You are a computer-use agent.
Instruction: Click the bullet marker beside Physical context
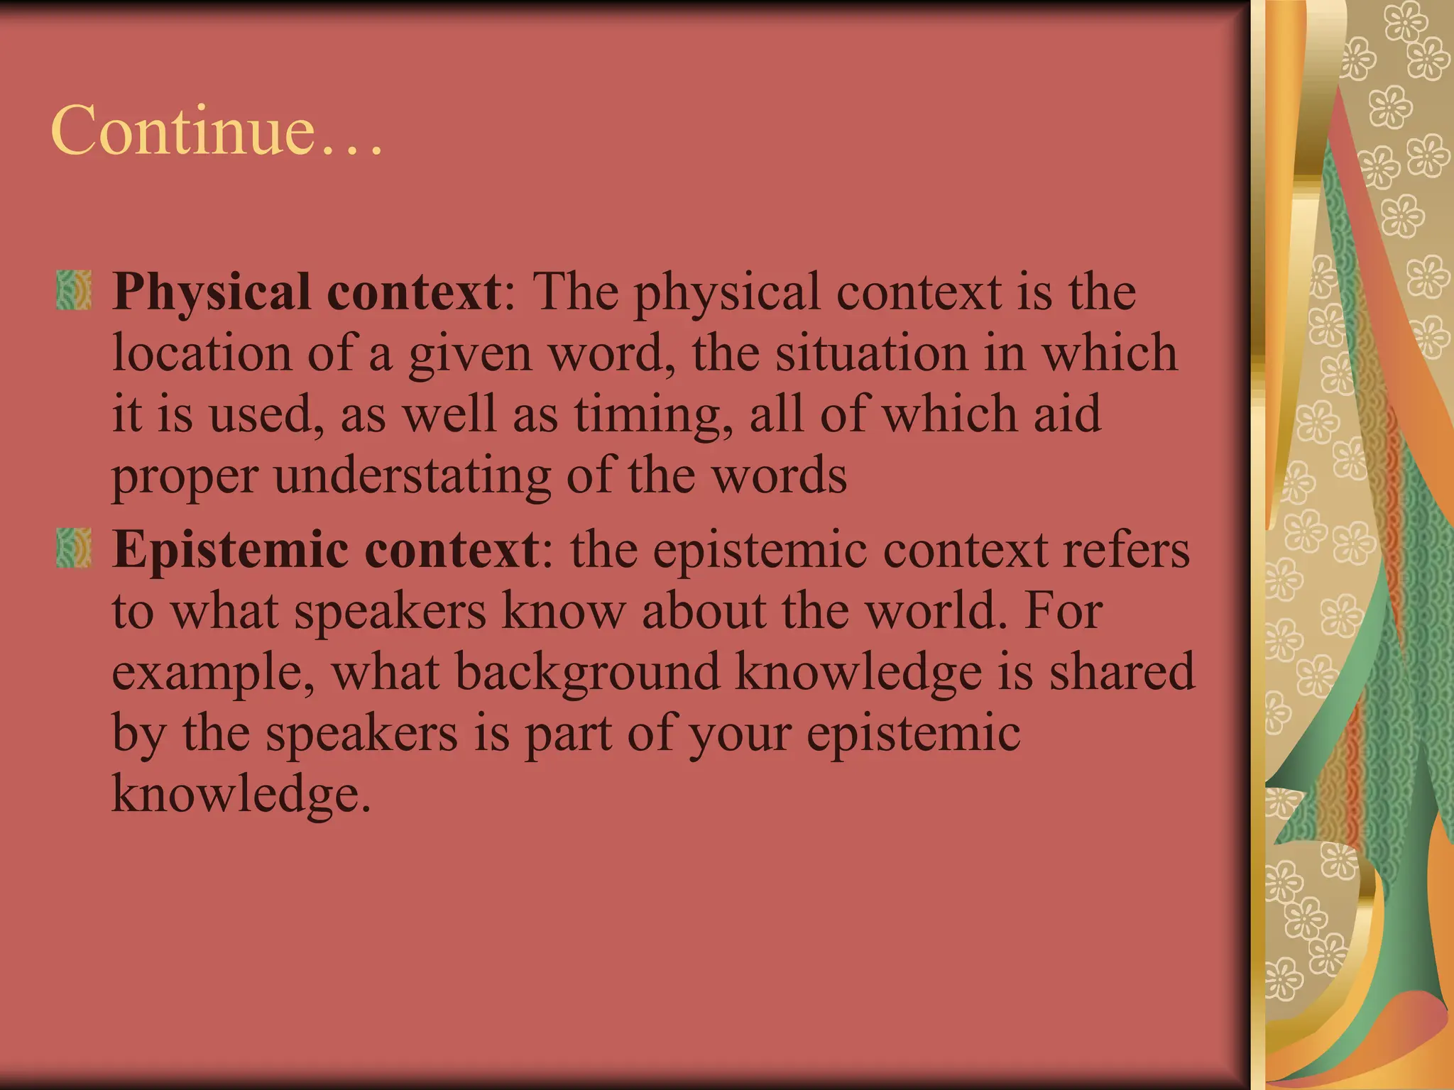(x=74, y=290)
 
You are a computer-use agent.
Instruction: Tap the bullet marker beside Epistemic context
(x=74, y=547)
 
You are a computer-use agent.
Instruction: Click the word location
(x=202, y=353)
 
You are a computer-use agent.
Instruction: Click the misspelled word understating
(x=412, y=476)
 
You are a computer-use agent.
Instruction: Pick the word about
(x=704, y=610)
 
